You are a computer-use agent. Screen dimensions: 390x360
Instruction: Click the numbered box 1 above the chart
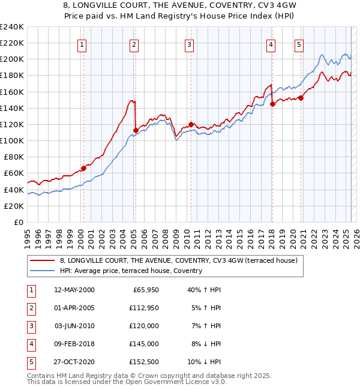tap(81, 44)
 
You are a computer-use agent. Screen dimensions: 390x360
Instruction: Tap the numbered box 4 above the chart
tap(271, 44)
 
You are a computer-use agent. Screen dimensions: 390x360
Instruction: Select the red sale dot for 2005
tap(136, 130)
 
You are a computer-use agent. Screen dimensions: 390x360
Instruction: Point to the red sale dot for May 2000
tap(83, 168)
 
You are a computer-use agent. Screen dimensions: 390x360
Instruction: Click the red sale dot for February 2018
tap(272, 104)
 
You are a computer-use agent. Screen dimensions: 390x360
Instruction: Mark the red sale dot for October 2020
tap(301, 98)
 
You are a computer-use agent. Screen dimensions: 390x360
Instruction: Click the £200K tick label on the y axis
tap(12, 59)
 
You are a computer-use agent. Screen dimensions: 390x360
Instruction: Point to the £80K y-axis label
tap(14, 157)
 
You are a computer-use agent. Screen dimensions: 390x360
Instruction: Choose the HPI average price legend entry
tap(131, 271)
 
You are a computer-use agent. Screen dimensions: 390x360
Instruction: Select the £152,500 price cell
tap(142, 362)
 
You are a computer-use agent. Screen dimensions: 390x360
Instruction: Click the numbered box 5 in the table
tap(31, 362)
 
